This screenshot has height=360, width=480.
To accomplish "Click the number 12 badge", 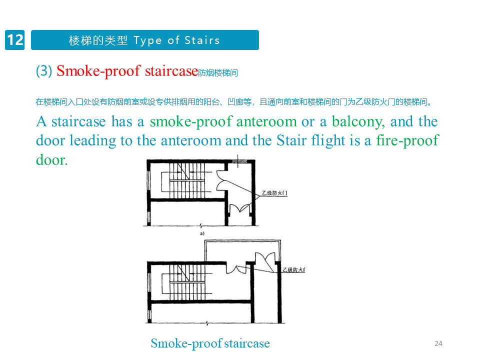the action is pyautogui.click(x=15, y=40).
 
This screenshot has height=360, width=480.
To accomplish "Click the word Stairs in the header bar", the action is pyautogui.click(x=202, y=40).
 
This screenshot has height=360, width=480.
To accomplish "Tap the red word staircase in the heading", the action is pyautogui.click(x=171, y=71).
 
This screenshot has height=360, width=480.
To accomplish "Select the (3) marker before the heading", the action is pyautogui.click(x=44, y=71).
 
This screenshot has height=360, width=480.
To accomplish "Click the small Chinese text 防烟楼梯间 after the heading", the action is pyautogui.click(x=218, y=73).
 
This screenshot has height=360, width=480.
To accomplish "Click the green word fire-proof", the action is pyautogui.click(x=407, y=140).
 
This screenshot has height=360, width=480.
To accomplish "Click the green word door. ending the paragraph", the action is pyautogui.click(x=51, y=160).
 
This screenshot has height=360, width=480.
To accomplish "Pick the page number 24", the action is pyautogui.click(x=438, y=343).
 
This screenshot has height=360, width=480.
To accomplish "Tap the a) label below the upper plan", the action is pyautogui.click(x=202, y=233).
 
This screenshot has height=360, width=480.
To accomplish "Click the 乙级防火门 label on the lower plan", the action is pyautogui.click(x=293, y=270).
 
